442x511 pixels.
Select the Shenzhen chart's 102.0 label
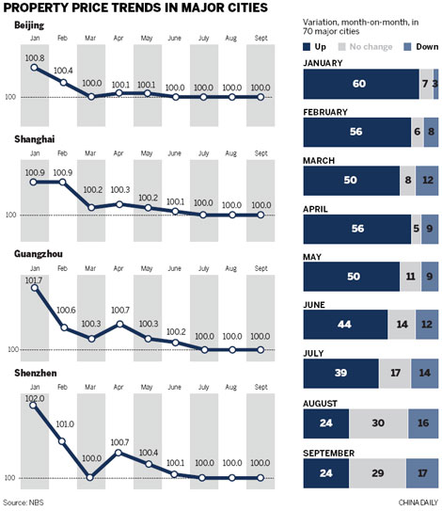(x=36, y=397)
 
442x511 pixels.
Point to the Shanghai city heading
(x=35, y=139)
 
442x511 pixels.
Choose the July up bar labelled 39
(x=340, y=371)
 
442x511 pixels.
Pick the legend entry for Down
(x=411, y=44)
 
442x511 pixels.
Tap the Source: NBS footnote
(x=27, y=503)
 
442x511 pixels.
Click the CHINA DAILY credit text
(x=411, y=503)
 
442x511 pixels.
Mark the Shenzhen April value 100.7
(x=119, y=441)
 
